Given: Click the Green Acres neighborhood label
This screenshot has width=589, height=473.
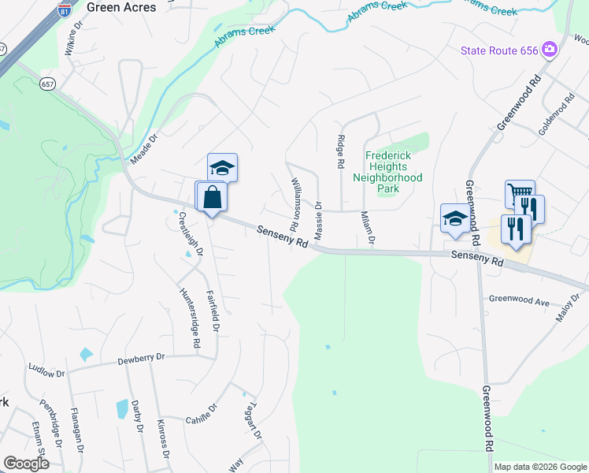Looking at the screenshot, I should pyautogui.click(x=121, y=7).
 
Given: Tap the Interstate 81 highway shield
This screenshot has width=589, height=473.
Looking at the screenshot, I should pyautogui.click(x=64, y=9).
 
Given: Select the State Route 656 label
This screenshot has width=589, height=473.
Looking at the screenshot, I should pyautogui.click(x=499, y=50).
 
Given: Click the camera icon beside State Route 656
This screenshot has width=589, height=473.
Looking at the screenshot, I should pyautogui.click(x=550, y=50).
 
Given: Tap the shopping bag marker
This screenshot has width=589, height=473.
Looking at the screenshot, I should pyautogui.click(x=213, y=196).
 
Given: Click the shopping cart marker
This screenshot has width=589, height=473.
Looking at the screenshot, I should pyautogui.click(x=519, y=193).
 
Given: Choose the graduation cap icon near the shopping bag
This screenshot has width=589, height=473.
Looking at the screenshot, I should pyautogui.click(x=223, y=168).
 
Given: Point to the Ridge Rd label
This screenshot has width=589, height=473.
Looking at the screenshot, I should pyautogui.click(x=341, y=151).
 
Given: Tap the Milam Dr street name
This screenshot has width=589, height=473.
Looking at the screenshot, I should pyautogui.click(x=367, y=228).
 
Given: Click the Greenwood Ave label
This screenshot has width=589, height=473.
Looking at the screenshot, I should pyautogui.click(x=519, y=301).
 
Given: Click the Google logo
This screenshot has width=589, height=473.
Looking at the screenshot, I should pyautogui.click(x=26, y=464).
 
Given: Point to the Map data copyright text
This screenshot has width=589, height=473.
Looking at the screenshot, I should pyautogui.click(x=539, y=467).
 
